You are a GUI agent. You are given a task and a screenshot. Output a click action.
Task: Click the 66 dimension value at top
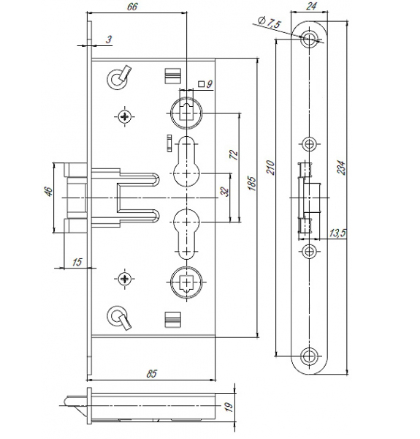click(132, 7)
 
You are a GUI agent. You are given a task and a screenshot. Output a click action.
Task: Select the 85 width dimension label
click(151, 373)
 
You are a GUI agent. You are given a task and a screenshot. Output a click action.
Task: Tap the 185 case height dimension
click(252, 184)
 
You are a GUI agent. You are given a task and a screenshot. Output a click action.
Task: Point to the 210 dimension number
click(271, 168)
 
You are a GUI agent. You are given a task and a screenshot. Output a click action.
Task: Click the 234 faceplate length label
click(341, 168)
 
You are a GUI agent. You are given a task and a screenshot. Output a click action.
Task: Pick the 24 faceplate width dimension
click(311, 6)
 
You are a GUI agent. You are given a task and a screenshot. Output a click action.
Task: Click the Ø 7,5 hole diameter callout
click(269, 22)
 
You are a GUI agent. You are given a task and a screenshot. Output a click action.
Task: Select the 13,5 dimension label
click(337, 233)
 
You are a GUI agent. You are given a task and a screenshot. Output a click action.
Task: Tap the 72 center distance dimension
click(234, 154)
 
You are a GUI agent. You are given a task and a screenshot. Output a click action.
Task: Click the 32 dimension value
click(224, 192)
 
